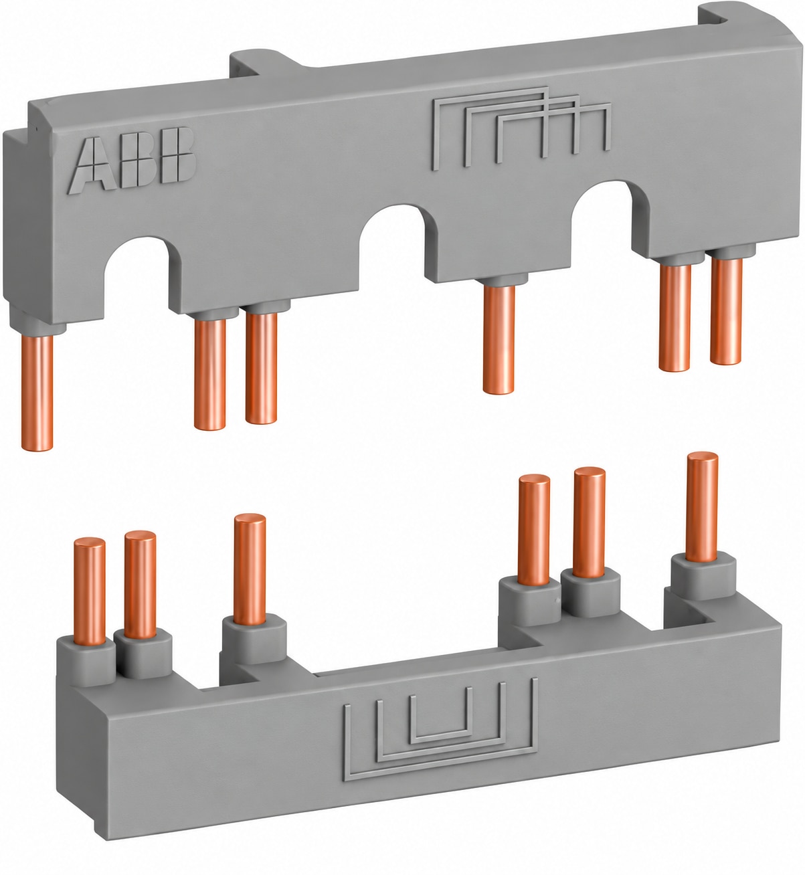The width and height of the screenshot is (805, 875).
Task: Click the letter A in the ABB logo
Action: click(x=92, y=164)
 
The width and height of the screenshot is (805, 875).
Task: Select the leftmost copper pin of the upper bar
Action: click(x=37, y=392)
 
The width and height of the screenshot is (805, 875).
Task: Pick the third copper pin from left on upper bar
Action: click(x=261, y=368)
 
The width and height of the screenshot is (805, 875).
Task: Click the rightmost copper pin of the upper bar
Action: click(x=727, y=311)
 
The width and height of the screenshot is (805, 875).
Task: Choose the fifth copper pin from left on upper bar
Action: click(x=675, y=318)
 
